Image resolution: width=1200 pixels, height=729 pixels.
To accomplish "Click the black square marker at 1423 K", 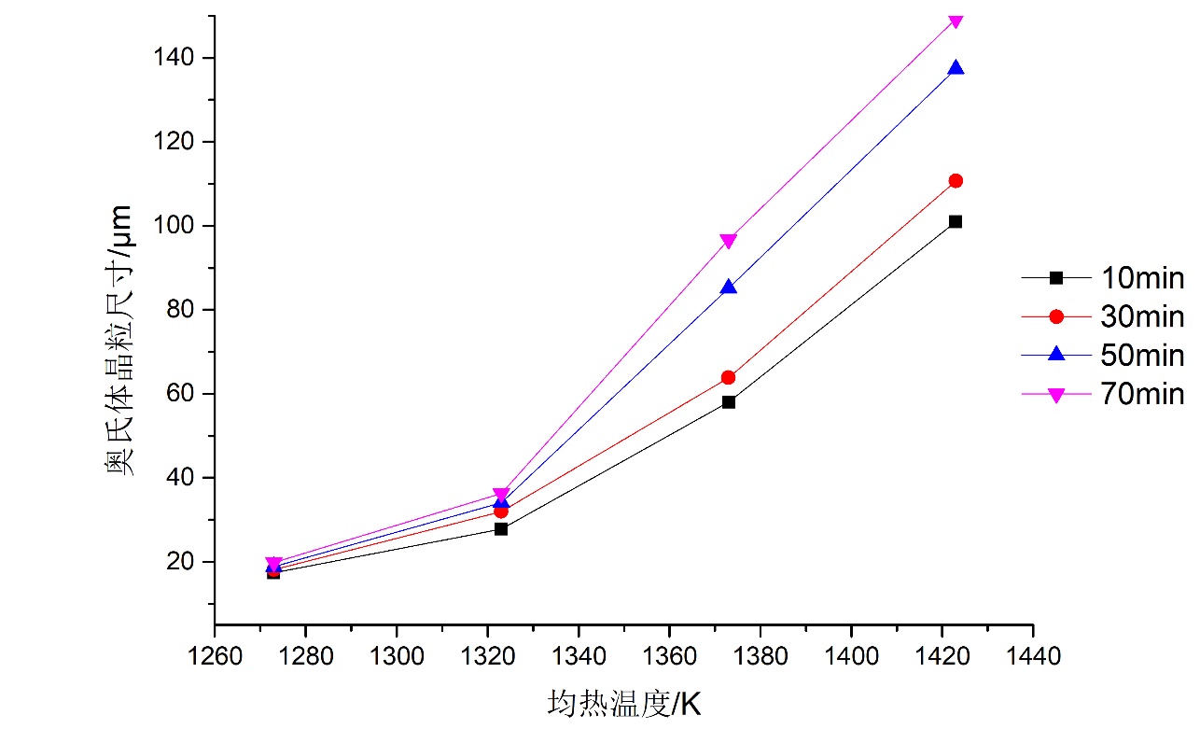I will (x=955, y=221).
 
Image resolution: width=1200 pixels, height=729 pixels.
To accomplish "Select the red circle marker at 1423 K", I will (x=955, y=180).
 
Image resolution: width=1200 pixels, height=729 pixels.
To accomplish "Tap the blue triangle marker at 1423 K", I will (x=955, y=68).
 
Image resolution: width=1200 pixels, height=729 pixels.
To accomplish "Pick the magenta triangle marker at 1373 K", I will (x=728, y=241).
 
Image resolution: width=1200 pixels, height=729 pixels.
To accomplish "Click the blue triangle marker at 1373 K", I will (x=728, y=287).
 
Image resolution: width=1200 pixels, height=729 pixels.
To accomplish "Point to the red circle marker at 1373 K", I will (x=728, y=377).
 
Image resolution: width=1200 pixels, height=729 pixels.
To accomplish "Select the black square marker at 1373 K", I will (x=728, y=402).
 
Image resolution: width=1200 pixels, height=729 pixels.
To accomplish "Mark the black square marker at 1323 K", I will (x=501, y=529).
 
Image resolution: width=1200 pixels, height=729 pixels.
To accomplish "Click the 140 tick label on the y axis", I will (x=176, y=58).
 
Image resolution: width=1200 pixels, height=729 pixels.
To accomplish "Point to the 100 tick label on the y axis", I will (x=176, y=226).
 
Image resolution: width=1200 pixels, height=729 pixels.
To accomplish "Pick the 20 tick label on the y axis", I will (x=183, y=562).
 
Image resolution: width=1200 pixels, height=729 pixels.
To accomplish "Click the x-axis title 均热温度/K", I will (x=623, y=703).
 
